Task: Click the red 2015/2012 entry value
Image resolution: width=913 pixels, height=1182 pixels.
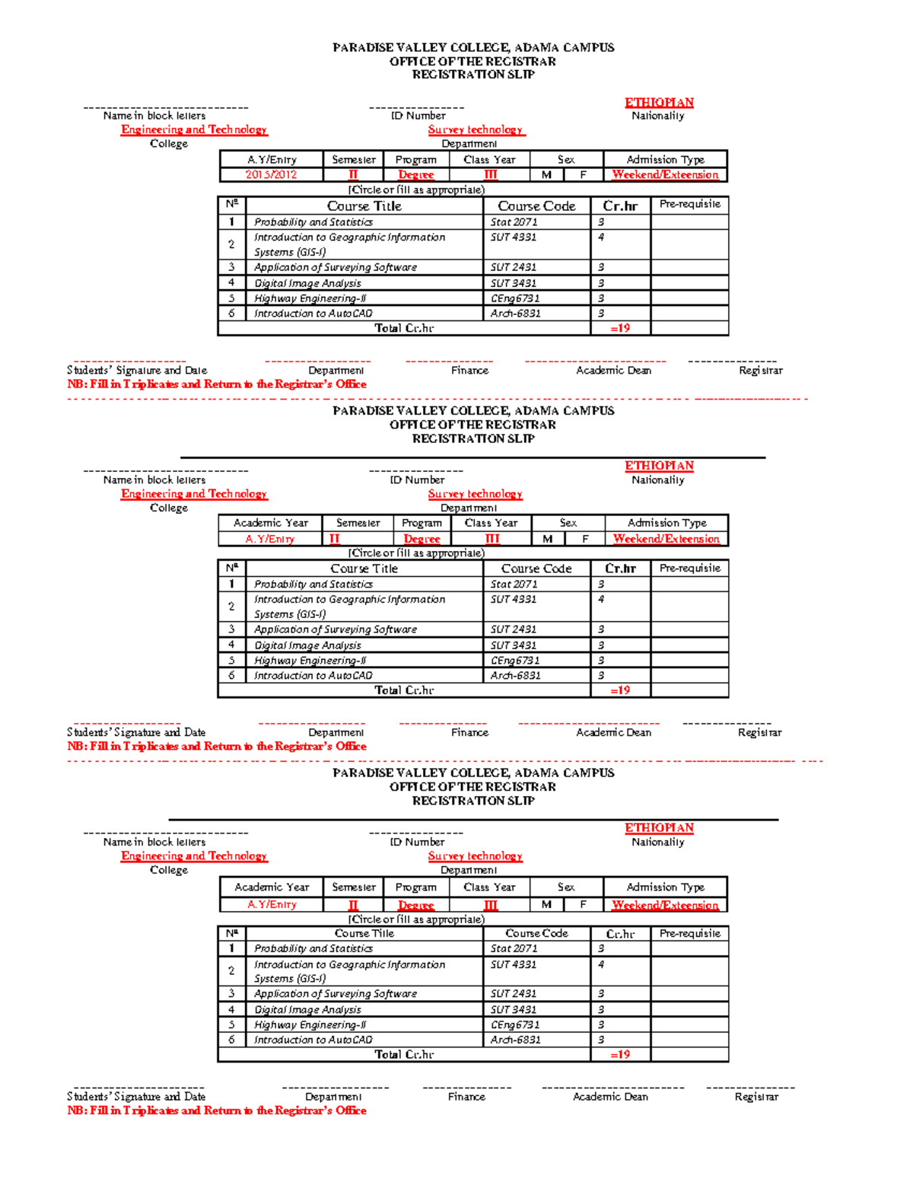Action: point(271,174)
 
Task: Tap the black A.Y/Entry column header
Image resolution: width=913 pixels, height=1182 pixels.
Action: point(272,160)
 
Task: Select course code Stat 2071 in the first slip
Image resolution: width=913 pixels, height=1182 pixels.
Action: point(514,222)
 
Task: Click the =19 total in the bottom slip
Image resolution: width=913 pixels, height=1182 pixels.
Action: point(620,1054)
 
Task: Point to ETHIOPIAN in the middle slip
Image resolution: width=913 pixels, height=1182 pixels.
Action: point(659,466)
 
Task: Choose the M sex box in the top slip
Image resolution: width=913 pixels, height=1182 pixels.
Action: point(546,174)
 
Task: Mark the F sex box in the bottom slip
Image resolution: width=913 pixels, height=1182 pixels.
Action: point(583,904)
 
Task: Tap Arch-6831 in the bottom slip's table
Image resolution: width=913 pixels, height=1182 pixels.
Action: point(515,1040)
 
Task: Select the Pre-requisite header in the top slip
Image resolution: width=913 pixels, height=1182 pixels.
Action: point(689,204)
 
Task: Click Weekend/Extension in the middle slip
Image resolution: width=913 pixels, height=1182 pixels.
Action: point(666,539)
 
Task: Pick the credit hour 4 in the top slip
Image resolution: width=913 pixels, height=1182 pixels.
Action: point(601,237)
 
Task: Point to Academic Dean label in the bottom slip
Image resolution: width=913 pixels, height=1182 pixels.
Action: point(610,1097)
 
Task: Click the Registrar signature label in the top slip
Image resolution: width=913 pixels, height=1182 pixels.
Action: point(760,371)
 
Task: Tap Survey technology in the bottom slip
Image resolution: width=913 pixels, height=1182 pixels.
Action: point(475,856)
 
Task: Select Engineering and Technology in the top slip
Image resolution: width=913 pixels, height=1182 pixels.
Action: point(194,129)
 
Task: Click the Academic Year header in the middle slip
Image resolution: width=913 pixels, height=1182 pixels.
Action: point(270,523)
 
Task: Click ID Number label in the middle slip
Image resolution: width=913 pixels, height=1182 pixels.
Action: point(417,479)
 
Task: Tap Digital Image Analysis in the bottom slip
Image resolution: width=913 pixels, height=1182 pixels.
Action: point(307,1010)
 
